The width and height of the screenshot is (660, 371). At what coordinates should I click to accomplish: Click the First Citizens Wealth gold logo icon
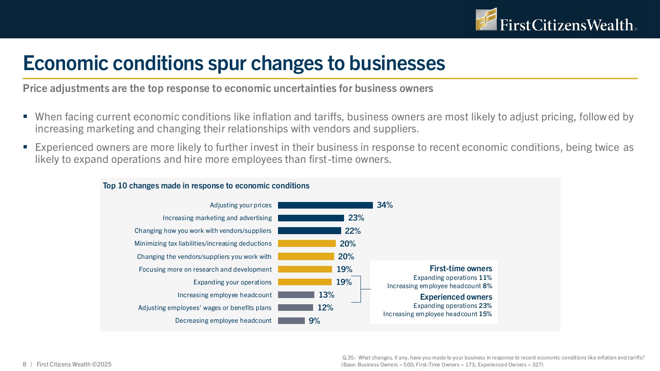click(x=486, y=19)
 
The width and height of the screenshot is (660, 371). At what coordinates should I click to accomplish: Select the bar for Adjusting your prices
click(x=325, y=205)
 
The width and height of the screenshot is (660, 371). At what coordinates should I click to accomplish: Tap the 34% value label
click(x=384, y=205)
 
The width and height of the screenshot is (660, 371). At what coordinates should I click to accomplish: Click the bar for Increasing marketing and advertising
click(x=311, y=218)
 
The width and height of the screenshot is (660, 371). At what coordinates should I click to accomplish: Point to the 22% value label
click(x=353, y=231)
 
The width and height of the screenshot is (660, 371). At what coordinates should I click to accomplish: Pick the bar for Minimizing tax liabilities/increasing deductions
click(x=306, y=244)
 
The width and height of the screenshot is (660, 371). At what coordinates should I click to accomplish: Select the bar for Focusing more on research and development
click(x=305, y=269)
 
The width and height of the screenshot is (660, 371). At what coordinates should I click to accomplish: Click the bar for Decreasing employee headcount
click(x=291, y=321)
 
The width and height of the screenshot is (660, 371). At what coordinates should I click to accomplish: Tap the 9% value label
click(x=314, y=321)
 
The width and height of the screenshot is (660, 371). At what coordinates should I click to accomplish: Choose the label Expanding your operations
click(x=232, y=282)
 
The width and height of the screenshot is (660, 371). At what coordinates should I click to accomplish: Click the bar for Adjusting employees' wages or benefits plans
click(x=295, y=308)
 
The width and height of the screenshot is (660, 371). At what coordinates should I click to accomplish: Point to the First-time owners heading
click(x=461, y=268)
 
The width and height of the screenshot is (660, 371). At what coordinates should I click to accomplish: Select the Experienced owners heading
click(x=456, y=297)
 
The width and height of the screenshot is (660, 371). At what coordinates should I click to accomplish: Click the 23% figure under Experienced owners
click(x=486, y=306)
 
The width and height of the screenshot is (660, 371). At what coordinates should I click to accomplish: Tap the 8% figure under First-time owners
click(x=487, y=286)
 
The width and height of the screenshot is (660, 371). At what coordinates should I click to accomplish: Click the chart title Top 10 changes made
click(x=206, y=186)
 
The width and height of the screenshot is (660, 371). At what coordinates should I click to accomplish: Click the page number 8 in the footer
click(x=24, y=364)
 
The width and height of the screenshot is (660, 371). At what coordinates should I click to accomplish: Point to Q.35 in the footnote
click(x=349, y=358)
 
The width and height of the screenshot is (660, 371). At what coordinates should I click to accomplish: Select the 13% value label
click(x=326, y=295)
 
